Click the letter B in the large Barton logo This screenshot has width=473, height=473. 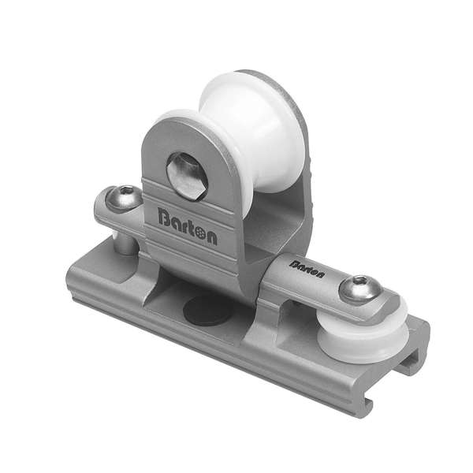(x=164, y=215)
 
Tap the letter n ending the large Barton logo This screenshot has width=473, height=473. (x=210, y=236)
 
